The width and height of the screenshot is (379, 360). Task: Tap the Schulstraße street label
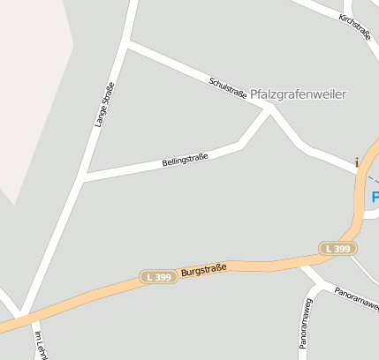tap(228, 86)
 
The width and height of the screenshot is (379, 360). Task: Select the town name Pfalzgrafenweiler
tap(299, 94)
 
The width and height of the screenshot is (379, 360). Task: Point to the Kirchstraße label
tap(354, 26)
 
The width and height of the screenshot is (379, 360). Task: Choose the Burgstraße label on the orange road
tap(204, 268)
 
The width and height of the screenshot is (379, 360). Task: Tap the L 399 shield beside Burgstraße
tap(159, 277)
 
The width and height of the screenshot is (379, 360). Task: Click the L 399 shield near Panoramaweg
tap(337, 249)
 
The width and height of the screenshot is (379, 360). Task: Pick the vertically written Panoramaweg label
tap(306, 323)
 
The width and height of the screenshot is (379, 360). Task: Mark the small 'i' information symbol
tap(356, 161)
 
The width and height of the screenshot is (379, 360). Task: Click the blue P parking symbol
tap(375, 197)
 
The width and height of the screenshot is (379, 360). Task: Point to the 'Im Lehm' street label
tap(39, 346)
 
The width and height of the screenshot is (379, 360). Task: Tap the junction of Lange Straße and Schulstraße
tap(128, 42)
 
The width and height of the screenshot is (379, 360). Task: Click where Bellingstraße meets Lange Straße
tap(81, 179)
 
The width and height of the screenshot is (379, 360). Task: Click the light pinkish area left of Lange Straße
tap(31, 88)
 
